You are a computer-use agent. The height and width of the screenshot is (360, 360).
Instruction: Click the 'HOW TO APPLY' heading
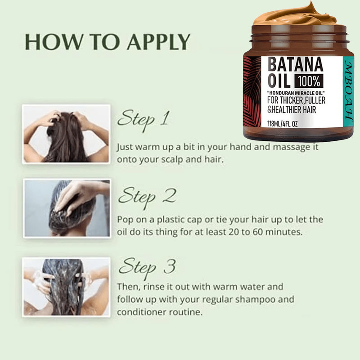coord(107,42)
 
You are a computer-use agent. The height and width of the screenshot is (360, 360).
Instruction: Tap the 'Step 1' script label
coord(143,119)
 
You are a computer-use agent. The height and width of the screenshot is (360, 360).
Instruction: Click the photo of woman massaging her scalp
coord(67,134)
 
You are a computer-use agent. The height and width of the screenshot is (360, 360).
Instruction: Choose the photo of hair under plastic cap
coord(67,208)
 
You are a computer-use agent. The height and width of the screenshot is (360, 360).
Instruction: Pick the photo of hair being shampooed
coord(67,286)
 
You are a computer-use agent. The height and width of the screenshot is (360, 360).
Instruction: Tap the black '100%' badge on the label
coord(308,81)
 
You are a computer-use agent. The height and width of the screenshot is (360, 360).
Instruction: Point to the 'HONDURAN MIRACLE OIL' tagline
coord(295,93)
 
